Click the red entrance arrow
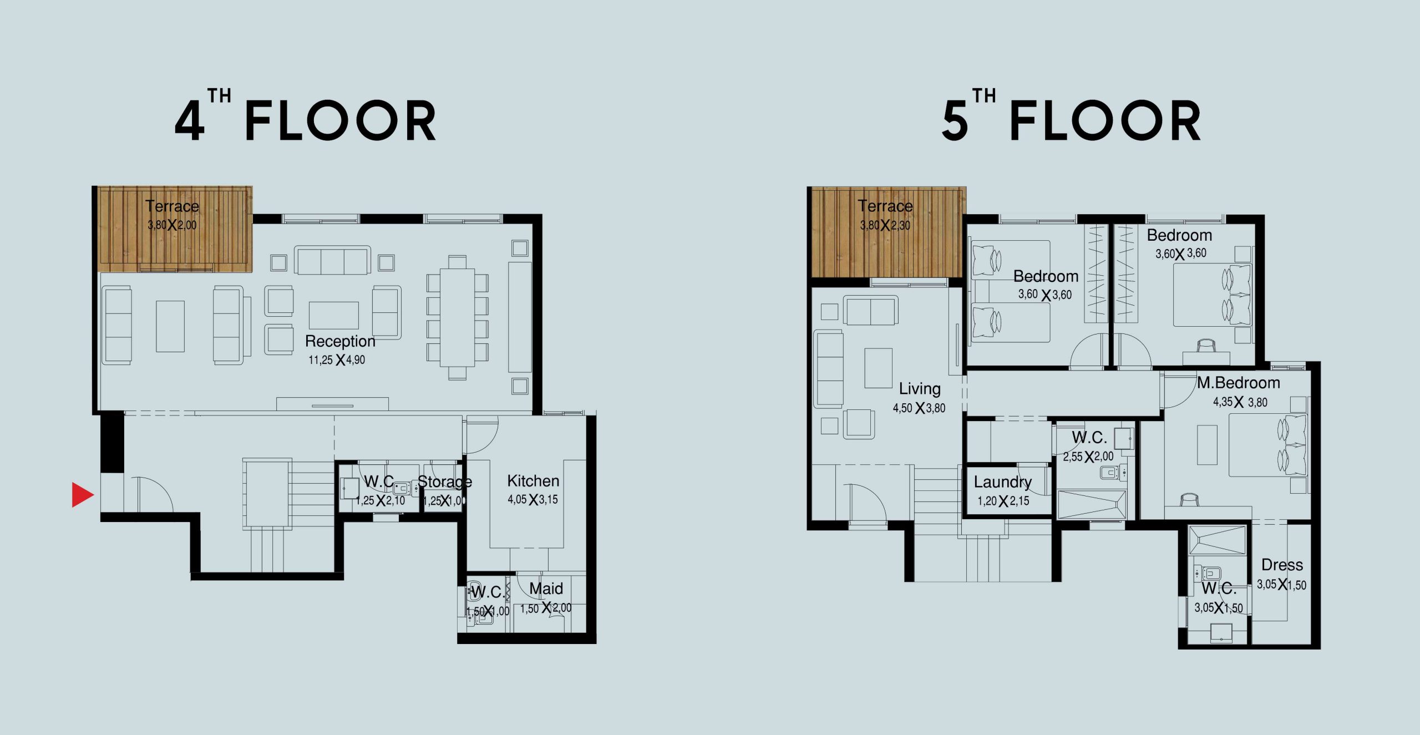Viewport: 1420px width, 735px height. pyautogui.click(x=82, y=495)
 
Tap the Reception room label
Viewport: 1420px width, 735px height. pyautogui.click(x=340, y=341)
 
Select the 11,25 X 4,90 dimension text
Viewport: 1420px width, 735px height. pyautogui.click(x=337, y=360)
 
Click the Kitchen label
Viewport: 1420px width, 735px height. pyautogui.click(x=533, y=481)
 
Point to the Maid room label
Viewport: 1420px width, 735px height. pyautogui.click(x=546, y=589)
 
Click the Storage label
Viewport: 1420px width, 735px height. pyautogui.click(x=444, y=481)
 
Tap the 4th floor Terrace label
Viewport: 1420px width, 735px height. pyautogui.click(x=172, y=206)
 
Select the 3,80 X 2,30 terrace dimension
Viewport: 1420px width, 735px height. pyautogui.click(x=885, y=225)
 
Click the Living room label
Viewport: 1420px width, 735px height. pyautogui.click(x=920, y=389)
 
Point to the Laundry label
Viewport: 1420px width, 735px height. pyautogui.click(x=1003, y=482)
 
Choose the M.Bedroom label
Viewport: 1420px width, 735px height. pyautogui.click(x=1239, y=383)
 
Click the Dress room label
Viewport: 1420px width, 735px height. pyautogui.click(x=1282, y=565)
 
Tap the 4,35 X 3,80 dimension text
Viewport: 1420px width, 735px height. pyautogui.click(x=1240, y=402)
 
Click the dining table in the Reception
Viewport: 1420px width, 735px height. pyautogui.click(x=458, y=317)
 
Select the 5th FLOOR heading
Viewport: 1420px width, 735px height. pyautogui.click(x=1071, y=115)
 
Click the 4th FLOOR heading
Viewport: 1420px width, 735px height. pyautogui.click(x=306, y=115)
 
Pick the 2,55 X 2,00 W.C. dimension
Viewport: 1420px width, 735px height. pyautogui.click(x=1088, y=457)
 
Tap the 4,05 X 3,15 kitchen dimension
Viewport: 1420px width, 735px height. pyautogui.click(x=532, y=500)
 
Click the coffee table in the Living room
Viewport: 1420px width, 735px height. pyautogui.click(x=878, y=368)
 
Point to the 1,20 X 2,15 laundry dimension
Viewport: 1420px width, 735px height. pyautogui.click(x=1003, y=501)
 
